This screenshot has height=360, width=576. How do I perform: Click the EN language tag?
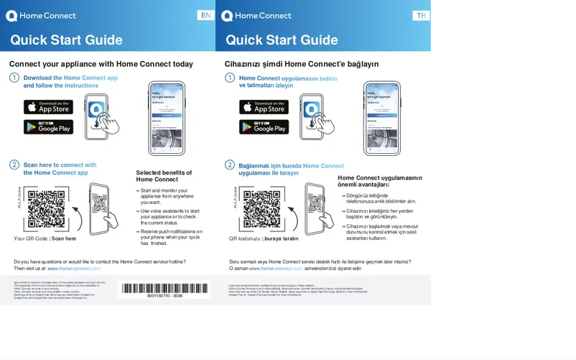(206, 16)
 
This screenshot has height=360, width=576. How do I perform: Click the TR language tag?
(422, 16)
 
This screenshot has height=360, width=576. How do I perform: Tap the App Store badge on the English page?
(48, 107)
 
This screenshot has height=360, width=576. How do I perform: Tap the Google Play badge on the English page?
(48, 126)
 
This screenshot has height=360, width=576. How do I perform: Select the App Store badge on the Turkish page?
(264, 107)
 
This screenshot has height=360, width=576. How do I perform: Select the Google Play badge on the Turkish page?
(264, 126)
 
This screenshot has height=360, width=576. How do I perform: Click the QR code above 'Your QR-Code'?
(46, 208)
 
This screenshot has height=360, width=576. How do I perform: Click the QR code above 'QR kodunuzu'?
(261, 208)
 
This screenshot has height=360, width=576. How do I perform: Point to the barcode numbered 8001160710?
(164, 289)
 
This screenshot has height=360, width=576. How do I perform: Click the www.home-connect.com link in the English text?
(74, 268)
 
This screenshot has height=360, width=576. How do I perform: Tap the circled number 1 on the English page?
(14, 78)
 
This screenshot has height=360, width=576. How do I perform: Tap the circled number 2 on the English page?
(14, 165)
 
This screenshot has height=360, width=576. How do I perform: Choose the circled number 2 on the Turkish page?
(230, 165)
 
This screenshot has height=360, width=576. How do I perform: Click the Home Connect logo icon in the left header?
(11, 16)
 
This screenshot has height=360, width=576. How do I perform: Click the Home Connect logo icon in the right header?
(227, 16)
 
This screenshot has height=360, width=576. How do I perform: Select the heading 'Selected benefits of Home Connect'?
(164, 176)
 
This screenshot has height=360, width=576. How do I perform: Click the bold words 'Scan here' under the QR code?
(64, 239)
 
